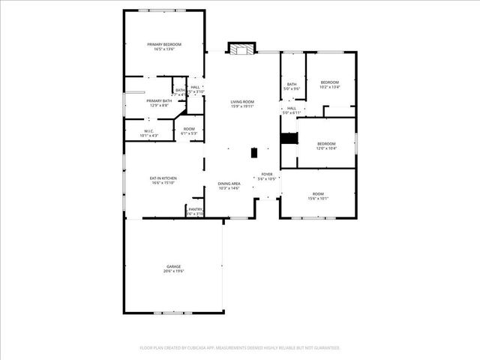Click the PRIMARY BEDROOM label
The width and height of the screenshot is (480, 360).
[x=163, y=45]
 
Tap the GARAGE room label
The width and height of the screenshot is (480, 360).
[x=173, y=266]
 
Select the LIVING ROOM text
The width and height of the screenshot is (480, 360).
[x=241, y=101]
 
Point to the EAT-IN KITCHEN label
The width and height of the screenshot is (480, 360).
[x=163, y=178]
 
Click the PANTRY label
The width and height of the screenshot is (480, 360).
[x=195, y=209]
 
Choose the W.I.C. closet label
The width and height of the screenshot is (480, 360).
[x=148, y=131]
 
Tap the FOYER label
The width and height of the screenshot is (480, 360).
[x=267, y=175]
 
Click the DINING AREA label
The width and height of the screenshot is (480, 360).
[x=229, y=184]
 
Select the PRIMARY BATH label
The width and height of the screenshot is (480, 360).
[x=157, y=100]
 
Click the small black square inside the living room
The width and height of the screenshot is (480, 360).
[x=254, y=152]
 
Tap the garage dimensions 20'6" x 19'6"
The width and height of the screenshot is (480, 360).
[x=173, y=271]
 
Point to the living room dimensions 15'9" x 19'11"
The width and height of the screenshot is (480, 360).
[x=241, y=106]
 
